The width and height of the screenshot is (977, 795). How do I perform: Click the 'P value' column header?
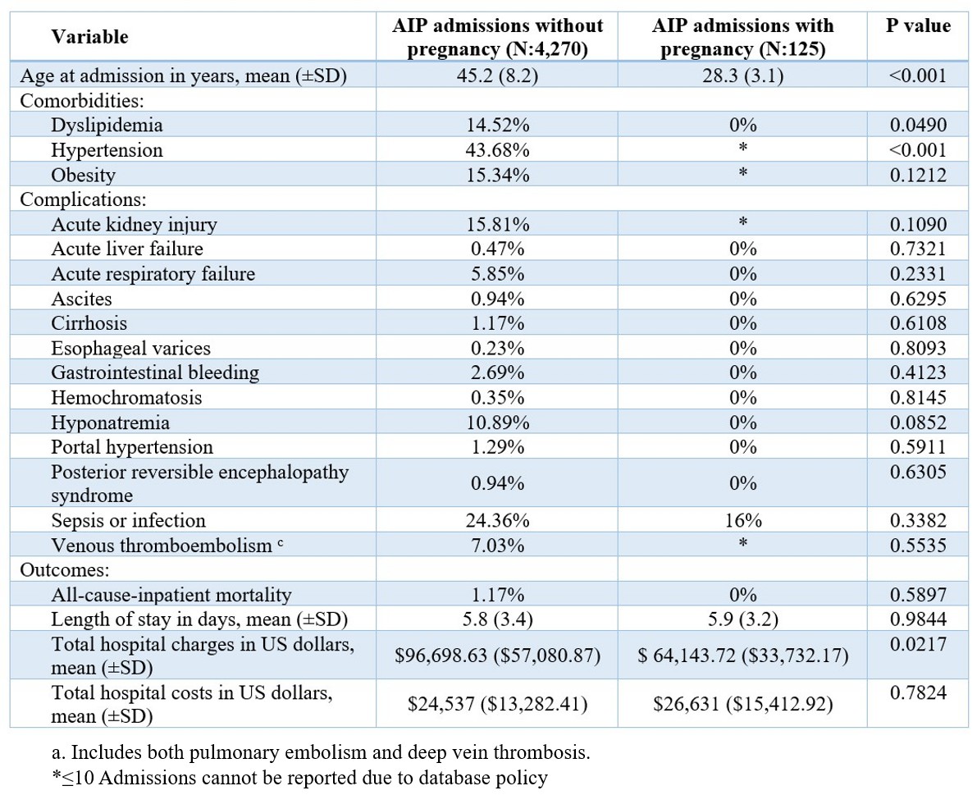[918, 25]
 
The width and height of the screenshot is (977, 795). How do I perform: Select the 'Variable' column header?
[89, 37]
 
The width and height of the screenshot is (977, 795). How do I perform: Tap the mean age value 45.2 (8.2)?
[497, 75]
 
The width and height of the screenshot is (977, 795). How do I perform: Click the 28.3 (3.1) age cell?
[742, 75]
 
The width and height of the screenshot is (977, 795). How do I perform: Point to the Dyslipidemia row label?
[107, 126]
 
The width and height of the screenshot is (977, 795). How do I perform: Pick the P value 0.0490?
[918, 126]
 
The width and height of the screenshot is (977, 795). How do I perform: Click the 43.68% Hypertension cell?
[497, 150]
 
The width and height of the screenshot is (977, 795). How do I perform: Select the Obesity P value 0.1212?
[918, 175]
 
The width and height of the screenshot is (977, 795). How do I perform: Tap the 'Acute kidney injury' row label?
[134, 224]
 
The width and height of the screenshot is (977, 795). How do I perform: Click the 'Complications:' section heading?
[84, 199]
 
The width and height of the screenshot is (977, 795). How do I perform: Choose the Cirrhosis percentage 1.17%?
[497, 323]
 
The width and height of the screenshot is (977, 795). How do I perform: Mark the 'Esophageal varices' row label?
[131, 349]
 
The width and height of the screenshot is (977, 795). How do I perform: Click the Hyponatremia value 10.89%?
[497, 423]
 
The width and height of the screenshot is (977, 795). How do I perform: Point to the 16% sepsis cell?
[742, 520]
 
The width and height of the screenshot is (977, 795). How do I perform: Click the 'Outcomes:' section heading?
[65, 570]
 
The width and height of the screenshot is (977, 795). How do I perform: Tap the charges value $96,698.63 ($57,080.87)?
[497, 656]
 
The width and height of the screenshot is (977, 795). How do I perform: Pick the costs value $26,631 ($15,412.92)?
[742, 704]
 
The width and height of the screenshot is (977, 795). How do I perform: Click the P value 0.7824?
[918, 692]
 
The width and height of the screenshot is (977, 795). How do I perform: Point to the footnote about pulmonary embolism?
[321, 752]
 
